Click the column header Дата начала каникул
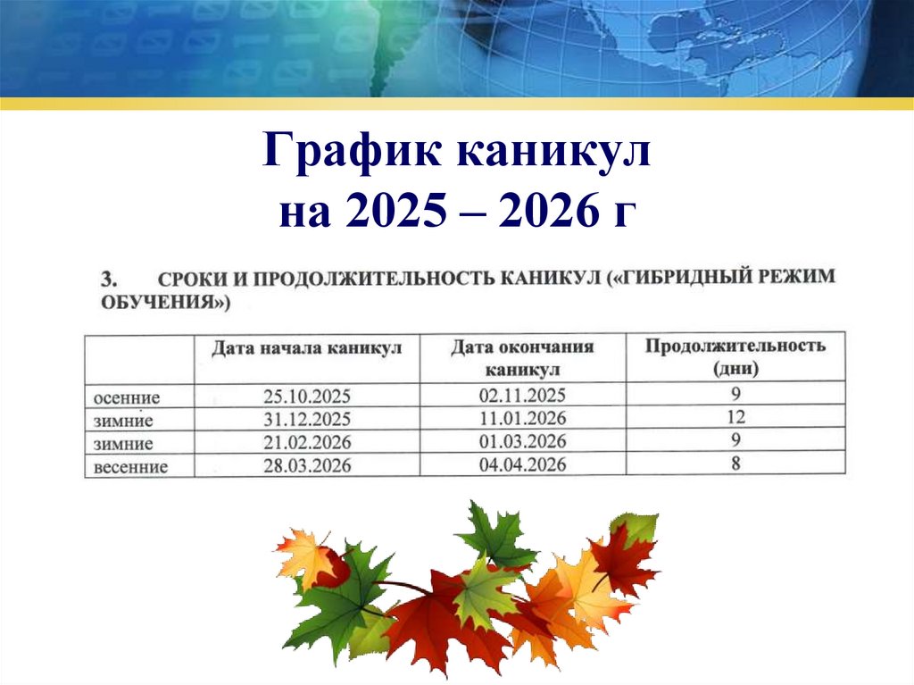(x=307, y=347)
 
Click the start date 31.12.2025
(x=307, y=419)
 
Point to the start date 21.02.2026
(x=307, y=442)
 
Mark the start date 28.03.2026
(x=307, y=465)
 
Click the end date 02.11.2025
(x=522, y=395)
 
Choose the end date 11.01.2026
(x=522, y=418)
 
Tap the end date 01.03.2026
(x=522, y=441)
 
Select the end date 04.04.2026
(x=522, y=464)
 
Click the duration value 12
(x=735, y=416)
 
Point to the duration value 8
(x=735, y=463)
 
